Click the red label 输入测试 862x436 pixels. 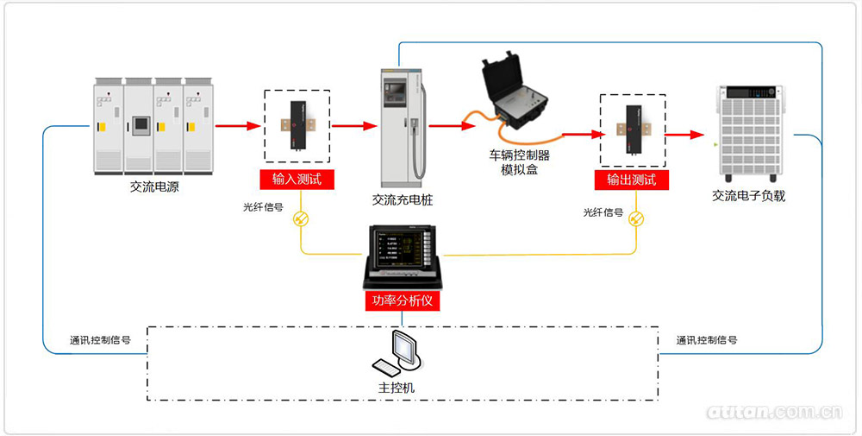pyautogui.click(x=297, y=180)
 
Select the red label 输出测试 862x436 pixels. pyautogui.click(x=632, y=180)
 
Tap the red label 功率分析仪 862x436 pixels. pyautogui.click(x=403, y=301)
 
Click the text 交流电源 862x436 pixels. pyautogui.click(x=154, y=187)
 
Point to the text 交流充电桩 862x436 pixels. pyautogui.click(x=403, y=199)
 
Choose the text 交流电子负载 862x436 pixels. pyautogui.click(x=748, y=196)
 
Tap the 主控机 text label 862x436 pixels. pyautogui.click(x=397, y=387)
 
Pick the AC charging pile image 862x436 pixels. pyautogui.click(x=403, y=126)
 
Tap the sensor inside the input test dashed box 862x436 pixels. pyautogui.click(x=297, y=126)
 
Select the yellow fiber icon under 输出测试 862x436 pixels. pyautogui.click(x=636, y=219)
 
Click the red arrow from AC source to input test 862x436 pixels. pyautogui.click(x=238, y=126)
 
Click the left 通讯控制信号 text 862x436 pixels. pyautogui.click(x=100, y=340)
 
